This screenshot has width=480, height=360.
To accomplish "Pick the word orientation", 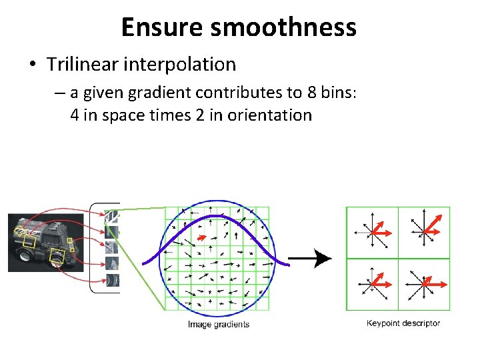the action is [269, 115].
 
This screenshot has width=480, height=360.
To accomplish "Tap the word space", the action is [122, 115].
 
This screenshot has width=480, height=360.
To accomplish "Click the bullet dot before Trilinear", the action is [32, 65].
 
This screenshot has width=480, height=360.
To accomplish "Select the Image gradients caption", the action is [219, 325].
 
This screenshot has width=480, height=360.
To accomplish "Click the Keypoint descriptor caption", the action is [403, 323].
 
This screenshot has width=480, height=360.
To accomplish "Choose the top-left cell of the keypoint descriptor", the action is [372, 232].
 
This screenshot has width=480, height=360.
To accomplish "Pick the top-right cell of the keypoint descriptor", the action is [424, 232].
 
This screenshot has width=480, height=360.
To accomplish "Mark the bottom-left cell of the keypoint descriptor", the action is [372, 284].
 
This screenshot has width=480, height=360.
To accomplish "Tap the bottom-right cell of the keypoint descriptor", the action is [424, 284].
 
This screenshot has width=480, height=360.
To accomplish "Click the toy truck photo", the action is [44, 241].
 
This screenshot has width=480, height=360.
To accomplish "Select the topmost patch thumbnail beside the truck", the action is [112, 216].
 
